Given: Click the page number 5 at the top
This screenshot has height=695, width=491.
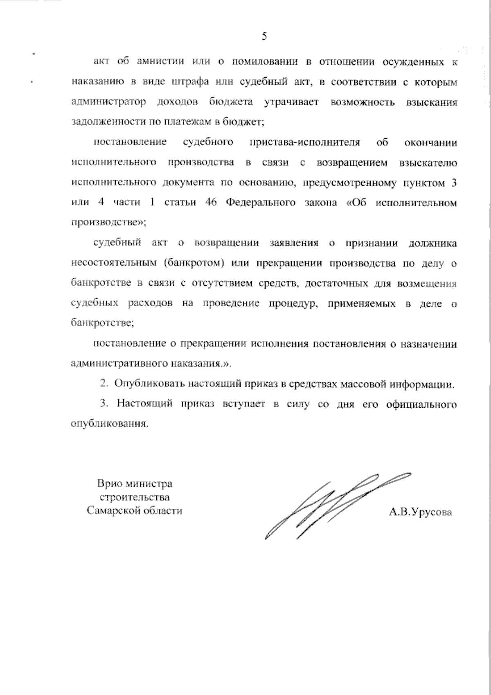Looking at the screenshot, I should coord(264,36).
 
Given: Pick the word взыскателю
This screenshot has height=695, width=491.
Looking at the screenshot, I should coord(427,162).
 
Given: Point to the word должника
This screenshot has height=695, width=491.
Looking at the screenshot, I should coord(433,243).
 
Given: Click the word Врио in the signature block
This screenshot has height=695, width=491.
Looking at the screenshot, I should coord(108,484).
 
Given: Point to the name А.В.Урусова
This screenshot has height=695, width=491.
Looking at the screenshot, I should coord(421,512).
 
